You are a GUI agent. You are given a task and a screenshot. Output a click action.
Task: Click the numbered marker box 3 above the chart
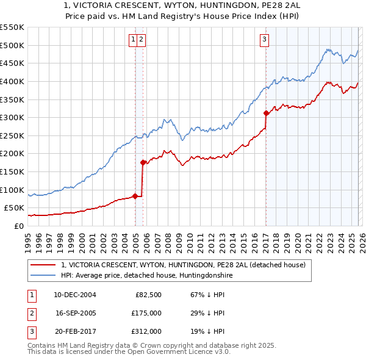[265, 40]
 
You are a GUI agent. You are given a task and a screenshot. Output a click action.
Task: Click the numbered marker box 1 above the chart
[133, 40]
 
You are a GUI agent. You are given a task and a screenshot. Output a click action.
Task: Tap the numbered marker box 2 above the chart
[141, 40]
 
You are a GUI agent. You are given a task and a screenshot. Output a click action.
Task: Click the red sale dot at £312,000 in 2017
[266, 113]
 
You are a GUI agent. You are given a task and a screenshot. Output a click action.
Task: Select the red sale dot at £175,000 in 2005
[143, 162]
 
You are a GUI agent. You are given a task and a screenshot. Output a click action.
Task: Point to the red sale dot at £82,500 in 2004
[135, 196]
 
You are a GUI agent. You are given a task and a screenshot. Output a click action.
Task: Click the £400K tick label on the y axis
[12, 81]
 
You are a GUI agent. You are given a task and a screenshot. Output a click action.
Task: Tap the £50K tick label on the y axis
[15, 207]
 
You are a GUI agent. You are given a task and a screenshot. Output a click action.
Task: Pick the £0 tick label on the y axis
[18, 226]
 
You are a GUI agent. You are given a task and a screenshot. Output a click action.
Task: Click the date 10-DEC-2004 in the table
[74, 295]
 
